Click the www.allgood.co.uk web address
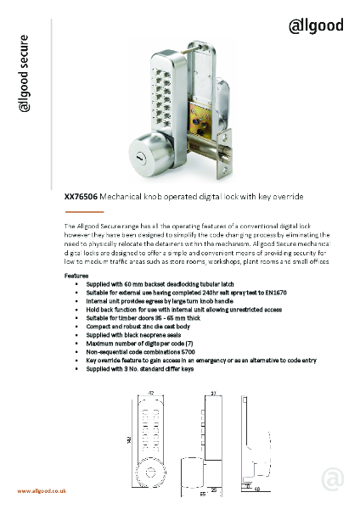(42, 491)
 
